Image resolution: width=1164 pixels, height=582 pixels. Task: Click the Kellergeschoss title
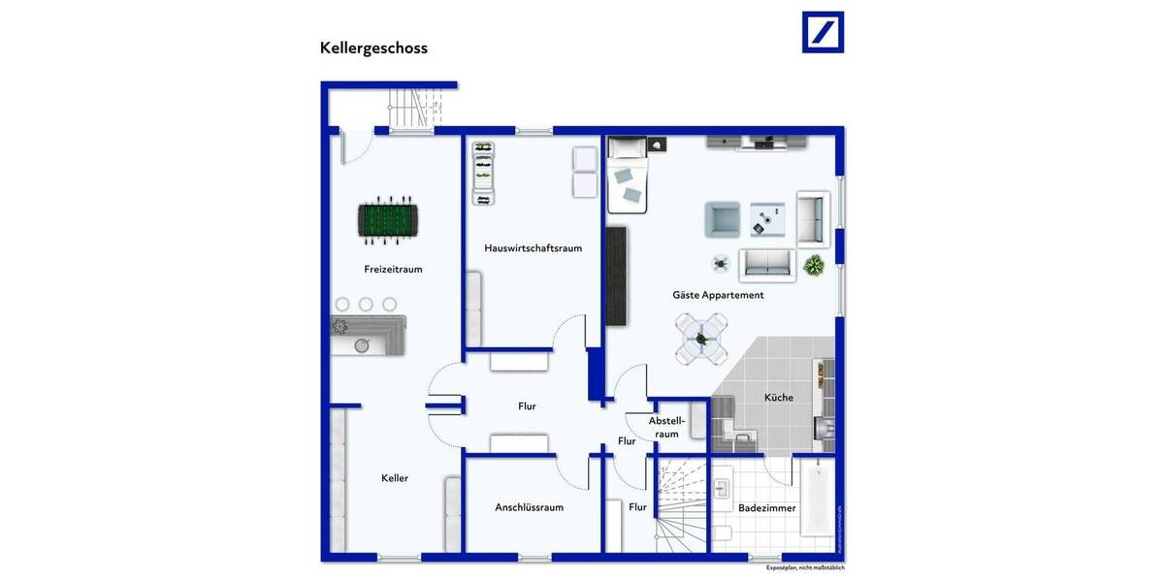373,48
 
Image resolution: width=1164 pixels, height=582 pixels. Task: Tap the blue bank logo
823,32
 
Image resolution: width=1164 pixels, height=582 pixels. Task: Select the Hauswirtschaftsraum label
533,248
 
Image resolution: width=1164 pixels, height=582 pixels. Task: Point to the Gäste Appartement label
718,295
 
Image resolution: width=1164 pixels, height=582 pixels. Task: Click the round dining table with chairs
701,339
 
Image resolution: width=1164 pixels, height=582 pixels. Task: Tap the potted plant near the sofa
814,264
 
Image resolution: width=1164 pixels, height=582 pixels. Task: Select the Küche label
778,398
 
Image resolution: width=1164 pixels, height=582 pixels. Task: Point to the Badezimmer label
766,508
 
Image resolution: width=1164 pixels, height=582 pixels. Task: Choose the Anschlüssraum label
529,507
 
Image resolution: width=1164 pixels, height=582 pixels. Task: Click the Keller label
395,478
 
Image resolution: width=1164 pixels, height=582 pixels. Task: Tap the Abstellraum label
667,427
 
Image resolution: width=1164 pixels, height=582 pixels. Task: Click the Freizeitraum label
393,270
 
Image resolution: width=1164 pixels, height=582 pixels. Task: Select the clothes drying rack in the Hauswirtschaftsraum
482,174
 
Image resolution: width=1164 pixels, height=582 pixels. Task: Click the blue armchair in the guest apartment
722,220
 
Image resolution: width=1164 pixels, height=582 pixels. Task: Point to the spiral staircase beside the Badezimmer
681,506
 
